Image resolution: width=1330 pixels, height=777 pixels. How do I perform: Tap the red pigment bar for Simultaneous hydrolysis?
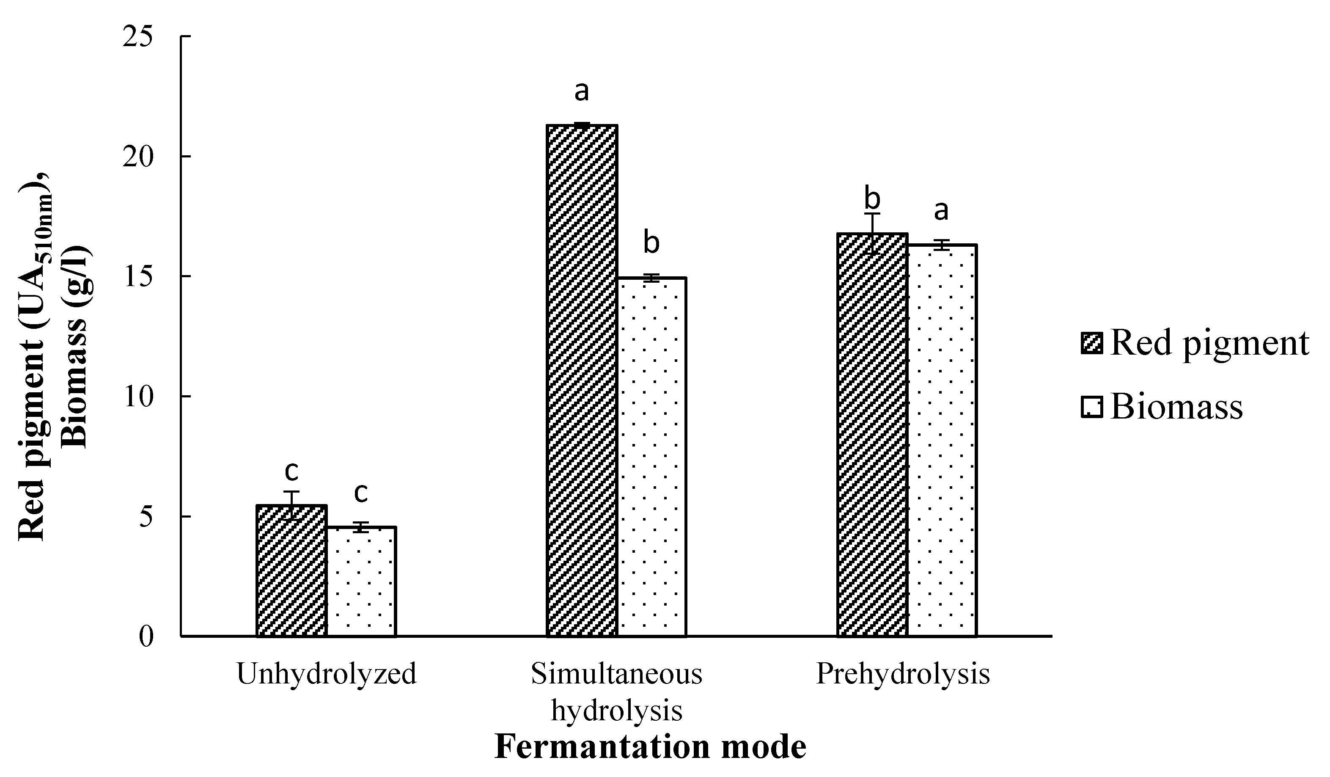click(582, 380)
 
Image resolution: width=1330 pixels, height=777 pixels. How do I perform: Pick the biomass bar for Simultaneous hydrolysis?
click(652, 457)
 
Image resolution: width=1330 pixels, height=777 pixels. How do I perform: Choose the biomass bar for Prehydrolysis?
click(942, 440)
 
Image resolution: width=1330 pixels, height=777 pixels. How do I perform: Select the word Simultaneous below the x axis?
click(616, 674)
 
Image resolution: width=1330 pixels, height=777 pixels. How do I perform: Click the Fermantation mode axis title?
click(650, 747)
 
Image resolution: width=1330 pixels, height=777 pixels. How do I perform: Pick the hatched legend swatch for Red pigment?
click(1092, 344)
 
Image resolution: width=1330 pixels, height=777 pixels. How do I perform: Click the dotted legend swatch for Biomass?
click(1092, 408)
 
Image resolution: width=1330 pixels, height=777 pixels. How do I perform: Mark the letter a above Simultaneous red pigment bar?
click(582, 91)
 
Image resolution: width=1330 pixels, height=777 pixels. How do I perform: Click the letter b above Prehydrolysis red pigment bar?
click(872, 199)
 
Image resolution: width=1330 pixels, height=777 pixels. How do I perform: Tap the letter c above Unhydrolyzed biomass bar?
click(361, 493)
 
